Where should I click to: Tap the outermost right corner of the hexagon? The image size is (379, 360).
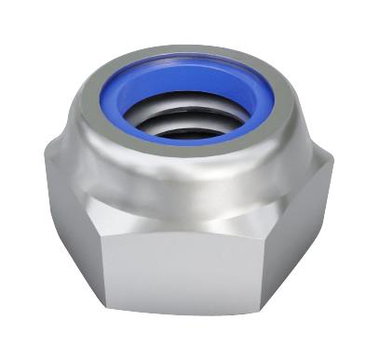pos(333,167)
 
